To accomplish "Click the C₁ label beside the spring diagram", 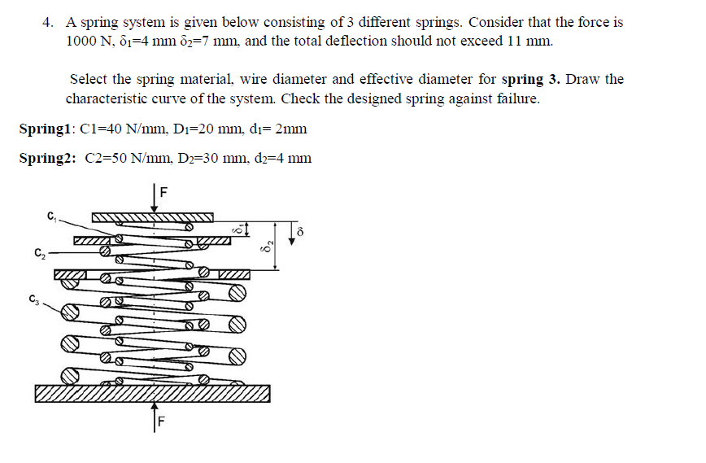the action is pos(51,216).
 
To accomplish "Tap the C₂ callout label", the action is pos(39,252).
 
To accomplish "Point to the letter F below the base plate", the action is pos(161,422).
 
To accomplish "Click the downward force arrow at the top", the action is pos(154,201).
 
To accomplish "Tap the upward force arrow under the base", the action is pos(153,415).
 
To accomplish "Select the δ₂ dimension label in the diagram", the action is pos(264,246).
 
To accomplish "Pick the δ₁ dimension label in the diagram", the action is pos(238,230).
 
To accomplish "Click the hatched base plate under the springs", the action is pos(152,394).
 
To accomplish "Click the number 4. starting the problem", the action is pos(49,23).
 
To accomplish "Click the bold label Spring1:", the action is pos(48,129).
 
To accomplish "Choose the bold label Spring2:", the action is pos(48,158).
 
